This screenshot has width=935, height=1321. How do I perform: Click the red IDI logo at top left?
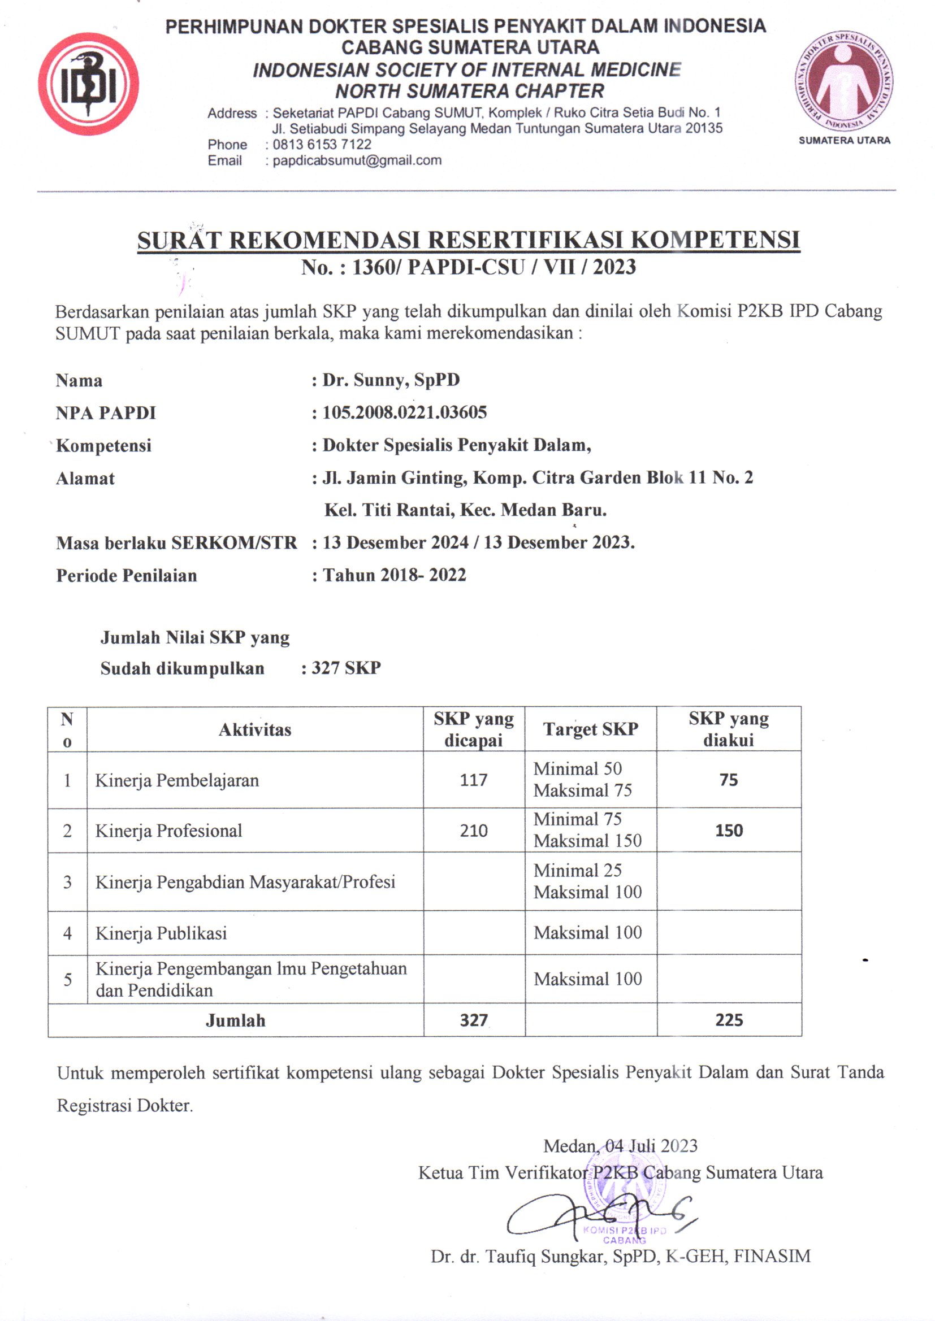click(x=88, y=84)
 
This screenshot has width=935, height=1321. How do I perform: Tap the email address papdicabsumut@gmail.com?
click(x=356, y=160)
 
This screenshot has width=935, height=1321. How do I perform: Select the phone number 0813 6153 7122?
click(x=322, y=145)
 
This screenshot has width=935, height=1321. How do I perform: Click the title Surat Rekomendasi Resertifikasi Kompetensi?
click(x=468, y=240)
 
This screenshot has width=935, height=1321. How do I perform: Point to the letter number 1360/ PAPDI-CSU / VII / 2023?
click(x=468, y=267)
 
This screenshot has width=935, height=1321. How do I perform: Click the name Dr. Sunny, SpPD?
click(x=391, y=380)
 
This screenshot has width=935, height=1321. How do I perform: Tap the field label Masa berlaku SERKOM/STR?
click(x=176, y=542)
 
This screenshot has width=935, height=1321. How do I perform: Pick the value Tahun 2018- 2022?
click(x=395, y=575)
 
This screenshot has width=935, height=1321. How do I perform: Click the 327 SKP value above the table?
click(x=346, y=667)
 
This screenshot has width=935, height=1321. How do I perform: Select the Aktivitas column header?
click(x=255, y=729)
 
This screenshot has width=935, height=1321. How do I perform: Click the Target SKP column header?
click(x=590, y=729)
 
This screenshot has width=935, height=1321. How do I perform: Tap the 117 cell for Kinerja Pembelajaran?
click(x=473, y=780)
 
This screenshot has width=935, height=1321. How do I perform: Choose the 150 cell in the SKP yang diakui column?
click(x=728, y=830)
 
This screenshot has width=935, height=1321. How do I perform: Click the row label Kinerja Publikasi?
click(x=161, y=933)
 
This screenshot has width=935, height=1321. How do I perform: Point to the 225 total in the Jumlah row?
click(x=729, y=1020)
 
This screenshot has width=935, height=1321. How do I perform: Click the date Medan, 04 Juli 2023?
click(x=620, y=1145)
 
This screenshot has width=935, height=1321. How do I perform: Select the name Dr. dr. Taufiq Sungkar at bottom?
click(x=620, y=1256)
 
